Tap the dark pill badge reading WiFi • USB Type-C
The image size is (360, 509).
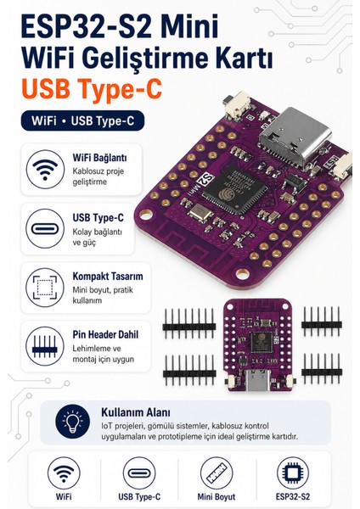point(82,120)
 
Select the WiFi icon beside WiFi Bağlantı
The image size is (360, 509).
point(45,169)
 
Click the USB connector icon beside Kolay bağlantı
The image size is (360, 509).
point(45,228)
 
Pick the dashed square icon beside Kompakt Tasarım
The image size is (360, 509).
point(45,288)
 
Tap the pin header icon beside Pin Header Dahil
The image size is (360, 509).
point(45,346)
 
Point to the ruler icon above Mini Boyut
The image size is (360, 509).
point(216,473)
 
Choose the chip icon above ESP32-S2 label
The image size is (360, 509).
point(292,473)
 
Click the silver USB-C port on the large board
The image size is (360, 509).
point(295,137)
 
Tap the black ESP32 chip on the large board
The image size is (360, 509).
point(235,189)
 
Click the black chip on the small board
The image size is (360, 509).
point(262,343)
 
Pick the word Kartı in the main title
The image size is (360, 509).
point(245,58)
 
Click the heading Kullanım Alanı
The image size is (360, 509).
point(136,412)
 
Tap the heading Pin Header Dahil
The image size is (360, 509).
point(105,334)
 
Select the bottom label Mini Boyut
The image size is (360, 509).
point(216,496)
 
